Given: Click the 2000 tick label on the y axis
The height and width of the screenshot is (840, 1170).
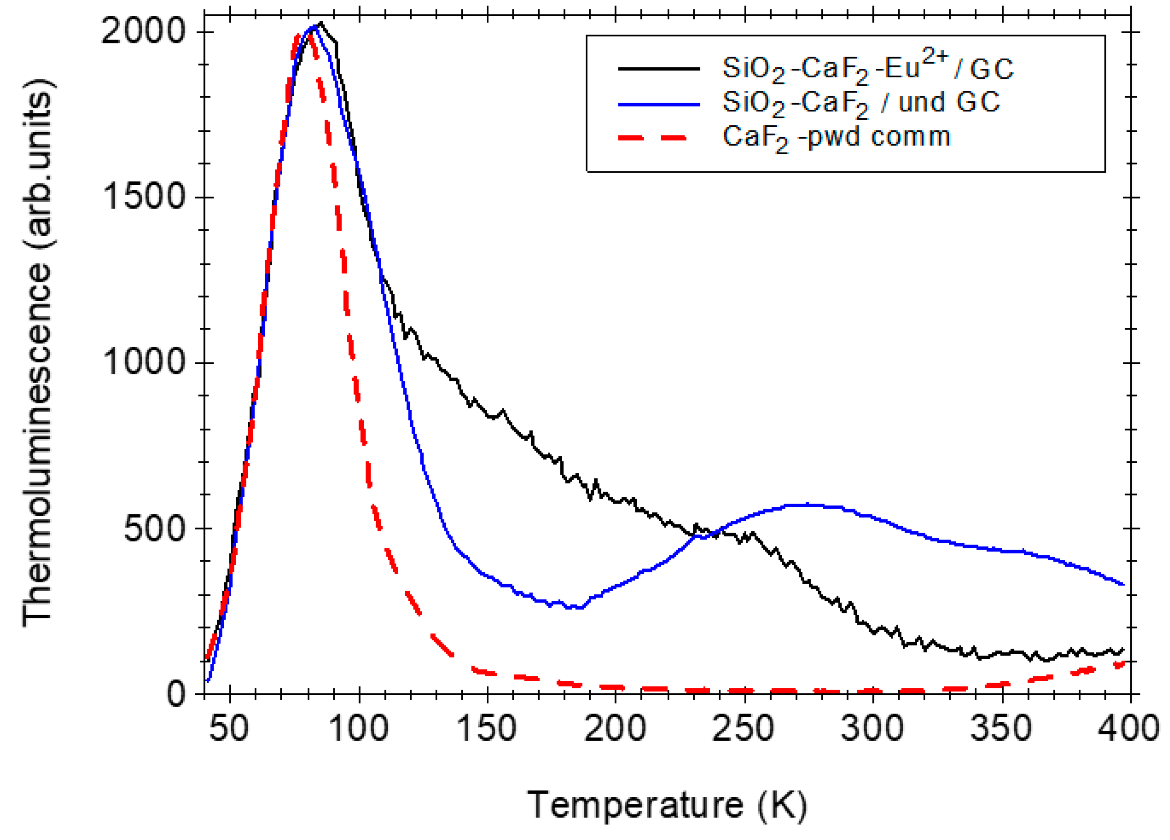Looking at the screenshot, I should point(143,31).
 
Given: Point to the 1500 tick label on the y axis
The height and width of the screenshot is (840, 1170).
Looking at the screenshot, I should point(143,197).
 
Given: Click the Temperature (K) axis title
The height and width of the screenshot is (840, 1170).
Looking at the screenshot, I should point(667,805).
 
